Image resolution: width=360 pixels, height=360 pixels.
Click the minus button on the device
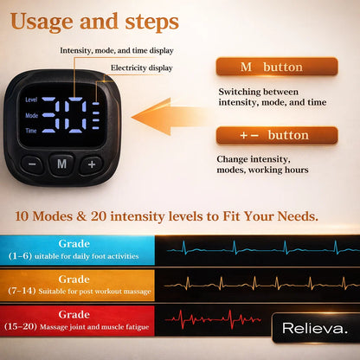pyautogui.click(x=32, y=163)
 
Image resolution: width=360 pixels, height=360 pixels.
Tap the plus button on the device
pyautogui.click(x=92, y=163)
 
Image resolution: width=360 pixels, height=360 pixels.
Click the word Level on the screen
pyautogui.click(x=32, y=100)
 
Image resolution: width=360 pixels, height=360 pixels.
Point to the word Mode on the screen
pyautogui.click(x=32, y=115)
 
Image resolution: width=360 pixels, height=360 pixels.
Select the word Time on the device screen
pyautogui.click(x=32, y=130)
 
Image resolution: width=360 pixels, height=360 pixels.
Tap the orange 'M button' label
pyautogui.click(x=276, y=67)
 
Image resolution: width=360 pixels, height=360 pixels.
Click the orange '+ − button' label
pyautogui.click(x=276, y=136)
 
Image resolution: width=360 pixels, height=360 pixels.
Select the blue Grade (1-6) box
pyautogui.click(x=78, y=250)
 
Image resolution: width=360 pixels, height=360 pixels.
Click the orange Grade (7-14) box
pyautogui.click(x=78, y=285)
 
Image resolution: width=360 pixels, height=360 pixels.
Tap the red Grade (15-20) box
pyautogui.click(x=78, y=319)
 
